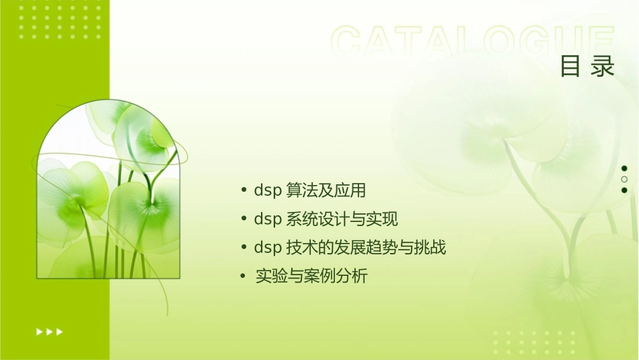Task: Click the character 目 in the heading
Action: coord(570,67)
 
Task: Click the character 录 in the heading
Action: coord(603,67)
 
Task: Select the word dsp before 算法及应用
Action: coord(267,190)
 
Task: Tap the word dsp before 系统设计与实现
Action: coord(267,219)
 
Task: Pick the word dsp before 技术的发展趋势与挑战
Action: coord(267,248)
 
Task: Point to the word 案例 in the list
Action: coord(319,276)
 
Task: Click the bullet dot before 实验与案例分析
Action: coord(244,276)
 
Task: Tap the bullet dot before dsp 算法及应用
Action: coord(244,190)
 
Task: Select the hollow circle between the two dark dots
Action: coord(624,179)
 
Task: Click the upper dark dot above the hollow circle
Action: coord(624,168)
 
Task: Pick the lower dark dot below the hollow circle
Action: coord(624,190)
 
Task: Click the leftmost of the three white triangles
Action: coord(39,331)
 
